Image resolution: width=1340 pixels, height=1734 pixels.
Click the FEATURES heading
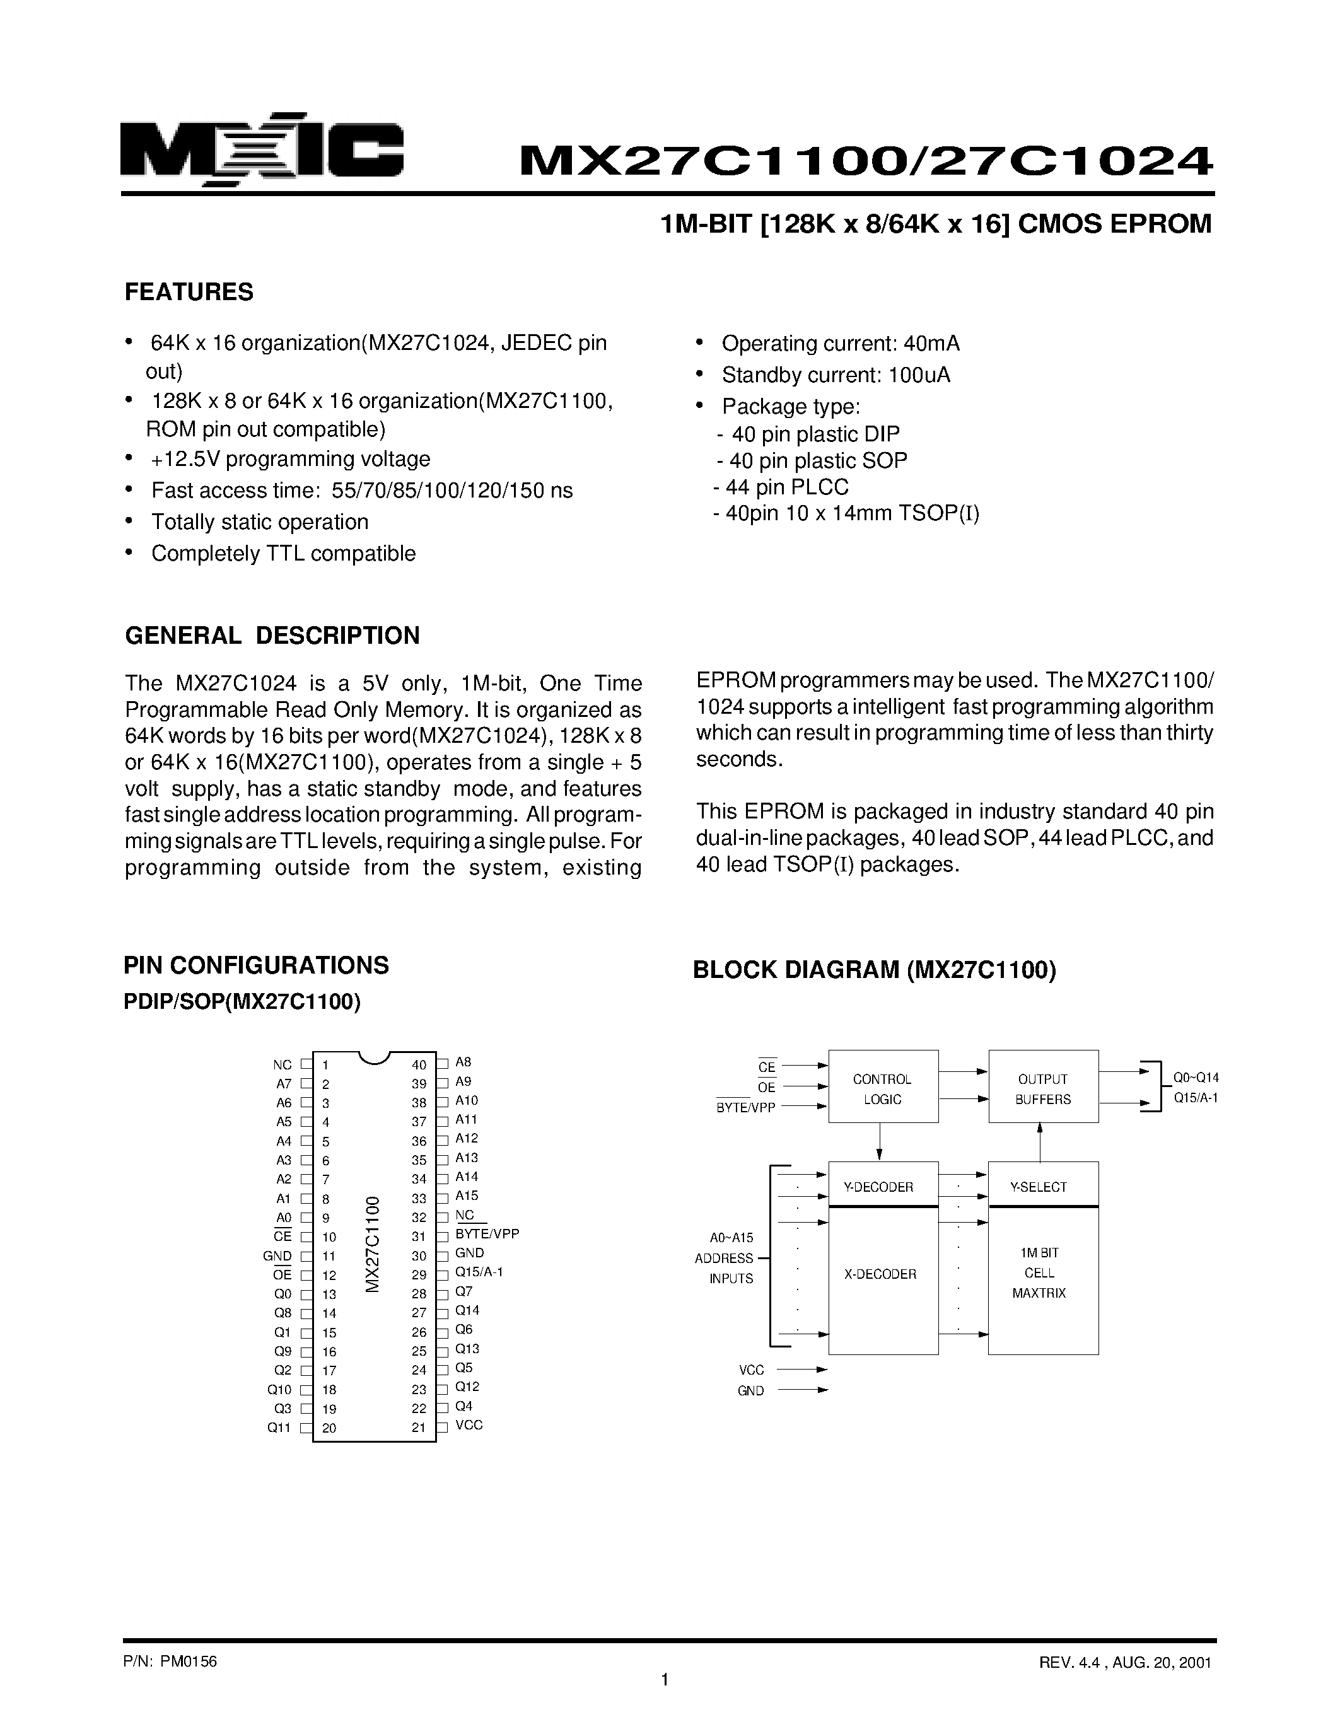(x=189, y=292)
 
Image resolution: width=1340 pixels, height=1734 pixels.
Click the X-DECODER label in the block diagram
(x=880, y=1274)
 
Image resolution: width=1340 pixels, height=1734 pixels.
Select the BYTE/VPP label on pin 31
(x=487, y=1234)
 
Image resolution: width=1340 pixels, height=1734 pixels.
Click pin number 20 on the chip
(x=329, y=1428)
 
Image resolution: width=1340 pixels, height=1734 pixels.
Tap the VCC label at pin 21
(x=469, y=1424)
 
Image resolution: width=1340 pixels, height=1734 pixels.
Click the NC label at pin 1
(x=283, y=1066)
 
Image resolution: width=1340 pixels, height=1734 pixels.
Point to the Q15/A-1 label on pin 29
(x=479, y=1272)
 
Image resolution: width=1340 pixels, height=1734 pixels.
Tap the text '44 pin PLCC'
(x=787, y=487)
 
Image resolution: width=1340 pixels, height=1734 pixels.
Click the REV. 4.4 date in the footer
(x=1125, y=1663)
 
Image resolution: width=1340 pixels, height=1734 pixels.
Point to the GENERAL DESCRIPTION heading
(x=272, y=636)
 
